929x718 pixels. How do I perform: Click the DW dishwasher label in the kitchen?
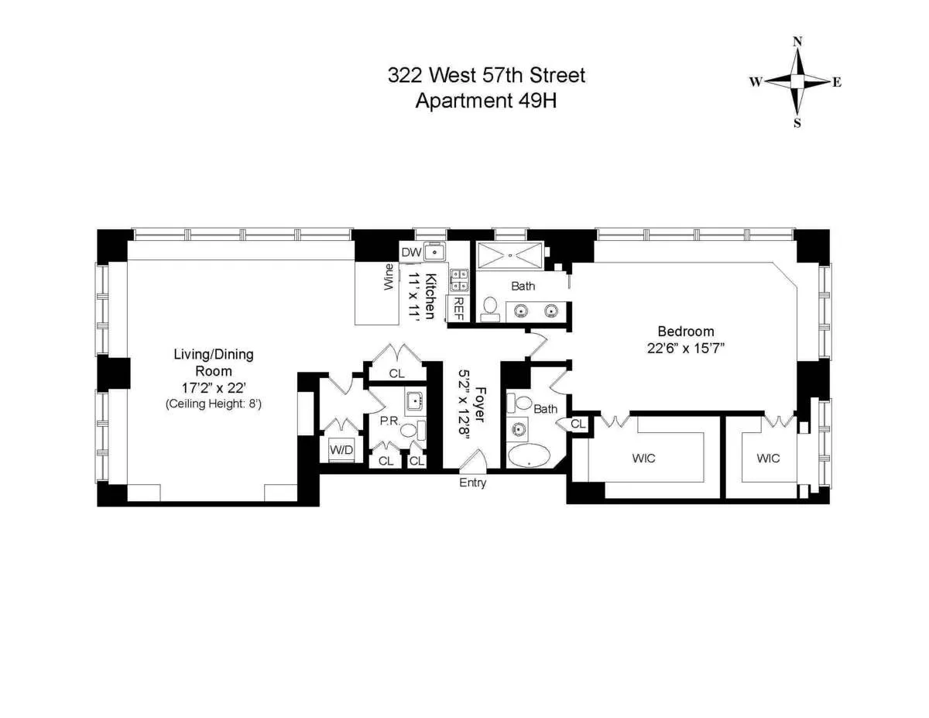tap(410, 252)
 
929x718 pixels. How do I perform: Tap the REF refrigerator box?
tap(458, 308)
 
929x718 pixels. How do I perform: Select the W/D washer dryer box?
tap(339, 449)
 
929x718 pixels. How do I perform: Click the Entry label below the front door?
tap(473, 483)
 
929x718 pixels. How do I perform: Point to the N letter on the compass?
tap(797, 42)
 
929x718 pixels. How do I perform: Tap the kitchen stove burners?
tap(459, 280)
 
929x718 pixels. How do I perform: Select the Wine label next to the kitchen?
tap(389, 277)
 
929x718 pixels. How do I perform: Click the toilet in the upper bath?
tap(489, 308)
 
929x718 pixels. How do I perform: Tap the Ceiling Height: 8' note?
tap(213, 404)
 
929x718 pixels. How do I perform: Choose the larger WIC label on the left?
tap(643, 459)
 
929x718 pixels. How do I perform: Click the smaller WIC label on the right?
tap(768, 459)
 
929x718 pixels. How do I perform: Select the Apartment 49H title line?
tap(486, 101)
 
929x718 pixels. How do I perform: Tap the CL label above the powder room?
tap(396, 373)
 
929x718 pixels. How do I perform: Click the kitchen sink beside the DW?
tap(435, 252)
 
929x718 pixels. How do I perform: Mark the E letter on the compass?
tap(836, 83)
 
